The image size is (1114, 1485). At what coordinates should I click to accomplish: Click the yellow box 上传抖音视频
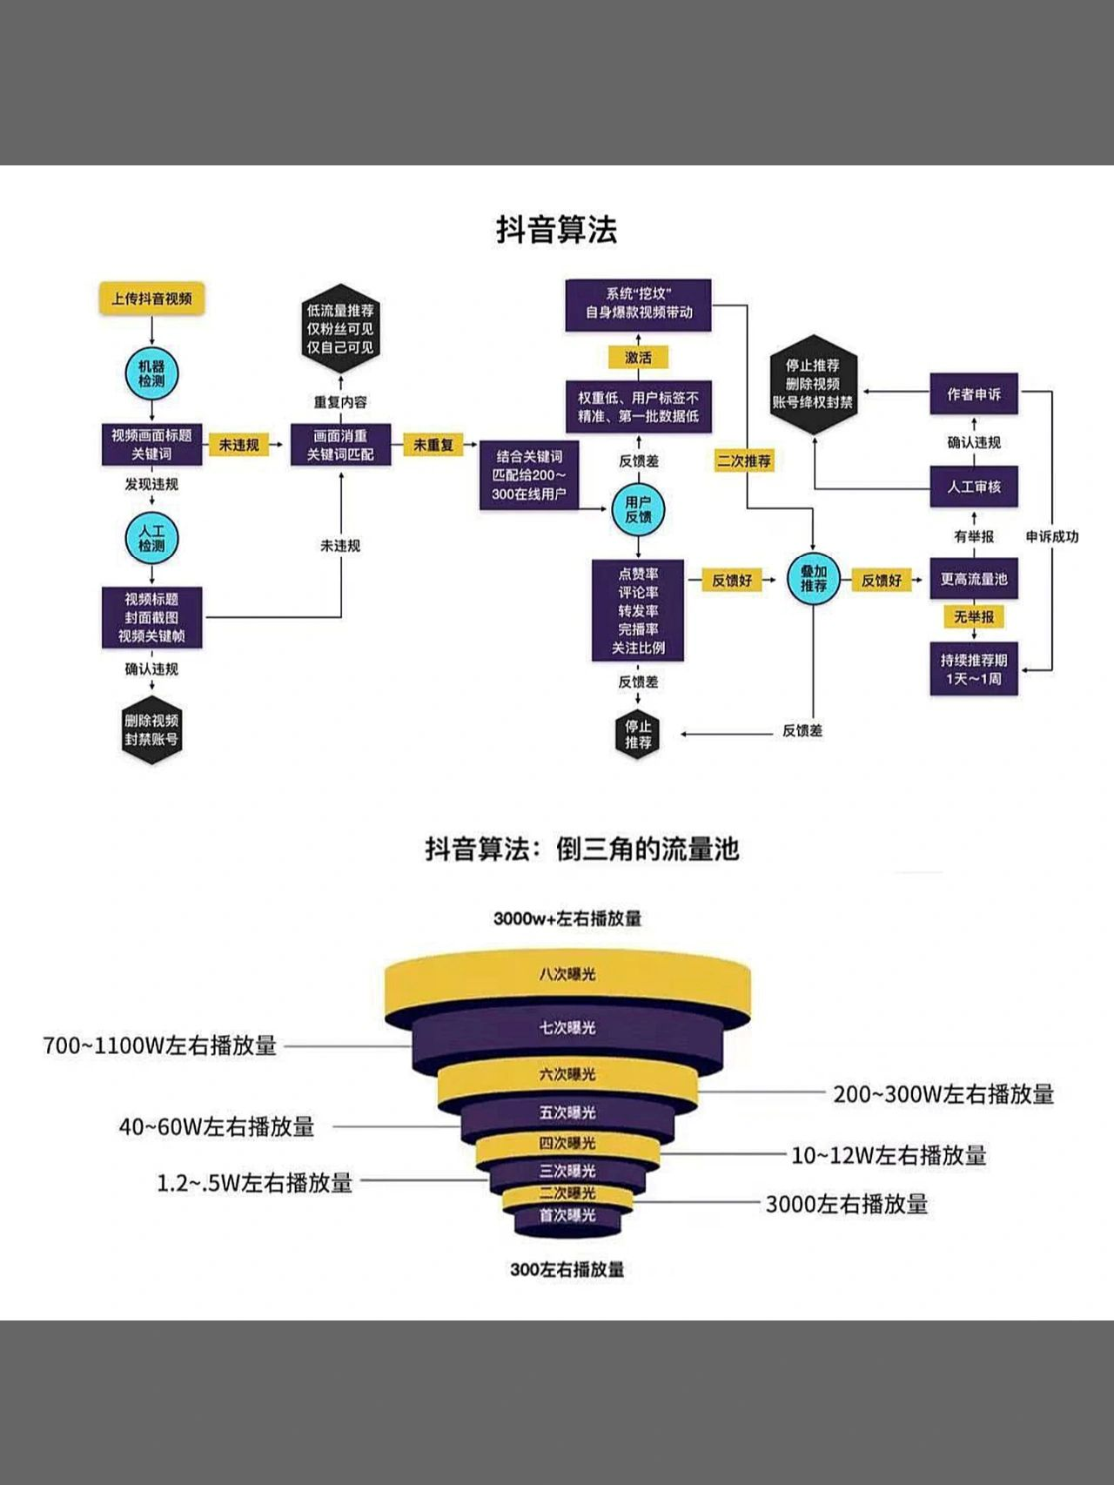(151, 299)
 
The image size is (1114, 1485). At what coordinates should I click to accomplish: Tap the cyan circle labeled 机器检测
(151, 373)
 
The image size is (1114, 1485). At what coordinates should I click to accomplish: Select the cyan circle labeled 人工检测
(151, 538)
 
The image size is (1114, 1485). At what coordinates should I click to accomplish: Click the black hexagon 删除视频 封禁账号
(151, 730)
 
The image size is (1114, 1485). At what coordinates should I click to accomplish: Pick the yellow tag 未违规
(238, 445)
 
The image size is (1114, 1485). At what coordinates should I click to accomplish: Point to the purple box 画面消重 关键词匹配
(340, 445)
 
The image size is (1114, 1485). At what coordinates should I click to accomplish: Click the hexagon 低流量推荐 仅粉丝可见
(340, 329)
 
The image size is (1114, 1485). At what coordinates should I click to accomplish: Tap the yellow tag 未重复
(433, 445)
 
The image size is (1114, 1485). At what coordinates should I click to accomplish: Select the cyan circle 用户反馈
(638, 509)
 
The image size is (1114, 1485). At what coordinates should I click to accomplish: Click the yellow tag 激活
(638, 358)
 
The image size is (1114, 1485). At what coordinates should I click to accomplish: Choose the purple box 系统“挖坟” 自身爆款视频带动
(638, 304)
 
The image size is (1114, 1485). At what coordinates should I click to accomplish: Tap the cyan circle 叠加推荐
(813, 579)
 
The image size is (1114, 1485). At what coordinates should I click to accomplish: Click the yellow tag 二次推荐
(744, 460)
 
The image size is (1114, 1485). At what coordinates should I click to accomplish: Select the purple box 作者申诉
(973, 394)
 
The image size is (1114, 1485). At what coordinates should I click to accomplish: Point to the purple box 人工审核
(973, 487)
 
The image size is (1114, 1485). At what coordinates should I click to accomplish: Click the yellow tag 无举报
(973, 616)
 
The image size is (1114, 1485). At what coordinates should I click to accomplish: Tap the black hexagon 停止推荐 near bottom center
(638, 734)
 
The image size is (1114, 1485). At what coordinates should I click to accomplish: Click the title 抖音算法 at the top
(557, 230)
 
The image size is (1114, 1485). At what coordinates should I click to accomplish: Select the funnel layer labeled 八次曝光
(567, 975)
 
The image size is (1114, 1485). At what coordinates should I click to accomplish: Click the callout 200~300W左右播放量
(943, 1094)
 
